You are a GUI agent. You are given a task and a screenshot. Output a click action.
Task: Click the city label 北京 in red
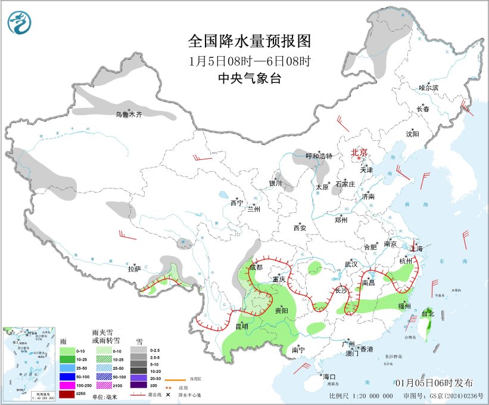(359, 152)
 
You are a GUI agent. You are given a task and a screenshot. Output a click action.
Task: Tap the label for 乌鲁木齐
(129, 114)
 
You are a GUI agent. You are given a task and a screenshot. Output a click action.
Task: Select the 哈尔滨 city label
(428, 88)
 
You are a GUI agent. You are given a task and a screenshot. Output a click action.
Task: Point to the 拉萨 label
(134, 269)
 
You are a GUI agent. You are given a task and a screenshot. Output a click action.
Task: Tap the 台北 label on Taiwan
(428, 313)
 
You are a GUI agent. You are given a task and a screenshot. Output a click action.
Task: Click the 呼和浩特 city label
(319, 156)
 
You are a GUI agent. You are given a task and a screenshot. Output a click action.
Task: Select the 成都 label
(256, 267)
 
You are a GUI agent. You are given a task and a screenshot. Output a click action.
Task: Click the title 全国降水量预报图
(250, 41)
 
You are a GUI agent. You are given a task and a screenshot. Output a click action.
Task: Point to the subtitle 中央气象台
(250, 78)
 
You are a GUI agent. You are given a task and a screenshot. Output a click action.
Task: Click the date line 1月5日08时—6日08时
(250, 60)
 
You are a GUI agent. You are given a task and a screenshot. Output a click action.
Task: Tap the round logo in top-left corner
(21, 23)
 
